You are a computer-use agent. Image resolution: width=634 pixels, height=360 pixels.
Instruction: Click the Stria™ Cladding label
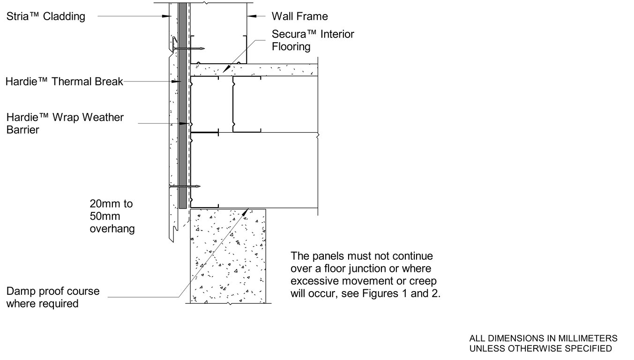[x=46, y=17]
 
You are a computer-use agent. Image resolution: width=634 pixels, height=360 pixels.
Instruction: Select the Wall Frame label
[x=300, y=16]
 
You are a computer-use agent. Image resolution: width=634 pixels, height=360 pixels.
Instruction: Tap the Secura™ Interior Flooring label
[x=313, y=40]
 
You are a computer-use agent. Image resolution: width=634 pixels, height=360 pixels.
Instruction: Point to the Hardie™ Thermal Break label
[x=64, y=82]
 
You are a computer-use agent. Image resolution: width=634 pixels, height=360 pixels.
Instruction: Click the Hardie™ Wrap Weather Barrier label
[x=65, y=123]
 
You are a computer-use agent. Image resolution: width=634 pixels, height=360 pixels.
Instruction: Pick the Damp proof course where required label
[x=53, y=297]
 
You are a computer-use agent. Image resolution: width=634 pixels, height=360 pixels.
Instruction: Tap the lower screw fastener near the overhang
[x=185, y=187]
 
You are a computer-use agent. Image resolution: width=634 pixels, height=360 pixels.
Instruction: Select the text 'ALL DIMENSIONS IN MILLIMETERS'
[x=543, y=338]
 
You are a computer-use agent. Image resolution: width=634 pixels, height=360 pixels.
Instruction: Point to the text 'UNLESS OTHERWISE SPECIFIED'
[x=540, y=348]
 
